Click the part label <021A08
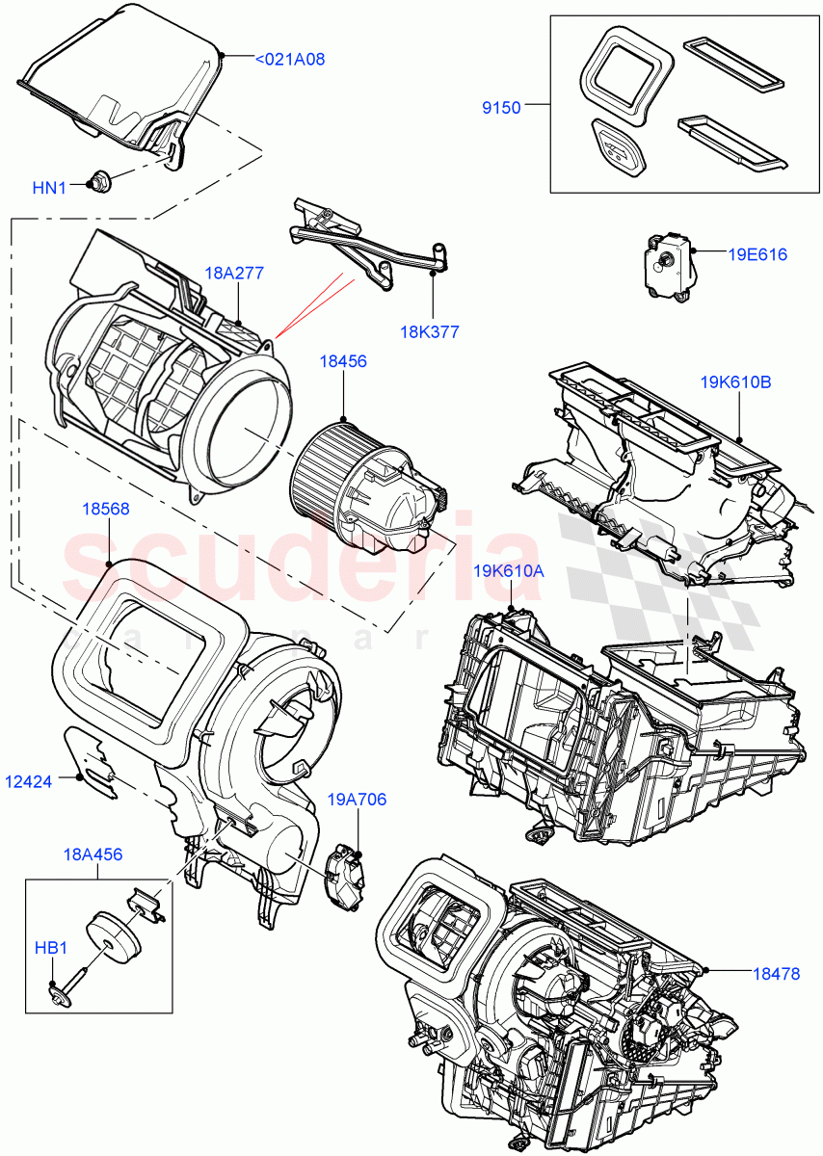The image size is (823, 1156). point(290,60)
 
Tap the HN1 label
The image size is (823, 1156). point(49,188)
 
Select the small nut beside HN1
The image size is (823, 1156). point(99,179)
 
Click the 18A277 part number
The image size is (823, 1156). point(233,274)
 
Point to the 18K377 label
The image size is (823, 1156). point(430,332)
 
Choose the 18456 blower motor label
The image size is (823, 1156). point(344,361)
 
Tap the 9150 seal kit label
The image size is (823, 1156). point(501,108)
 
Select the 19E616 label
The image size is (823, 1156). point(757,255)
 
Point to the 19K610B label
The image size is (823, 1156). point(736,382)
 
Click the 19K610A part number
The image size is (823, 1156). point(508,571)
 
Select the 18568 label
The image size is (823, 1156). point(106,508)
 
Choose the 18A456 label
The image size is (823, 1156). point(93,854)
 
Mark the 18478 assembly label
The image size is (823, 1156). point(776,974)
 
